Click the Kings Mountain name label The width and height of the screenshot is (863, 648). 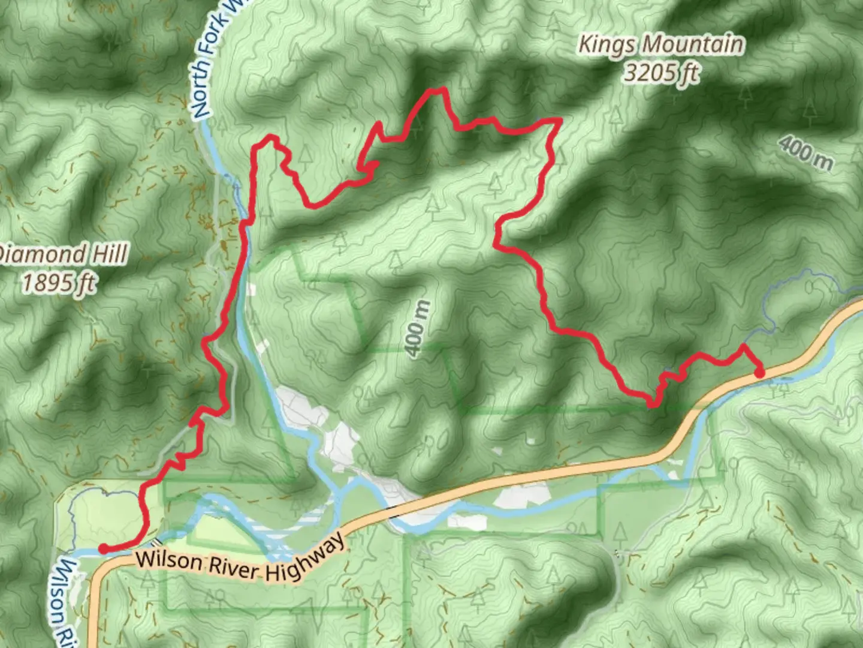(661, 45)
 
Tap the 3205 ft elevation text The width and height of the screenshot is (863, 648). (661, 73)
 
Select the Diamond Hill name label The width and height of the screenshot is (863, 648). (63, 254)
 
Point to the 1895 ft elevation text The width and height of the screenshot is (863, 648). (58, 282)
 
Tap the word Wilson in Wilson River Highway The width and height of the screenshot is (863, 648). (168, 561)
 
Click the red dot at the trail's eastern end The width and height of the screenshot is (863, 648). (759, 373)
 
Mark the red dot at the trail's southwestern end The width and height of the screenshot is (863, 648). (103, 548)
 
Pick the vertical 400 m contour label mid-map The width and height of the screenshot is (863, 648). (418, 329)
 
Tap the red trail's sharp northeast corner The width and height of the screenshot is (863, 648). (560, 121)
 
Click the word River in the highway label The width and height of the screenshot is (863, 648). (233, 567)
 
